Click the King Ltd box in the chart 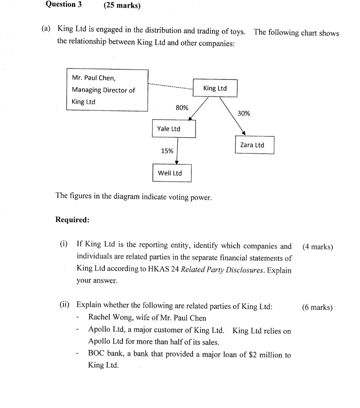pyautogui.click(x=215, y=88)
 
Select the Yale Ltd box pyautogui.click(x=173, y=129)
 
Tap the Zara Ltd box pyautogui.click(x=254, y=145)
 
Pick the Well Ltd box pyautogui.click(x=172, y=173)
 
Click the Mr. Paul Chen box pyautogui.click(x=107, y=90)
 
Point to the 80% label pyautogui.click(x=182, y=108)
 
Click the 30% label pyautogui.click(x=244, y=114)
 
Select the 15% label pyautogui.click(x=167, y=151)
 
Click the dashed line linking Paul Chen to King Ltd pyautogui.click(x=170, y=86)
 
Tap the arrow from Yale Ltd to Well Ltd pyautogui.click(x=177, y=151)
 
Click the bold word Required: pyautogui.click(x=72, y=220)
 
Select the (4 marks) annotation pyautogui.click(x=317, y=247)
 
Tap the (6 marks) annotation pyautogui.click(x=317, y=307)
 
